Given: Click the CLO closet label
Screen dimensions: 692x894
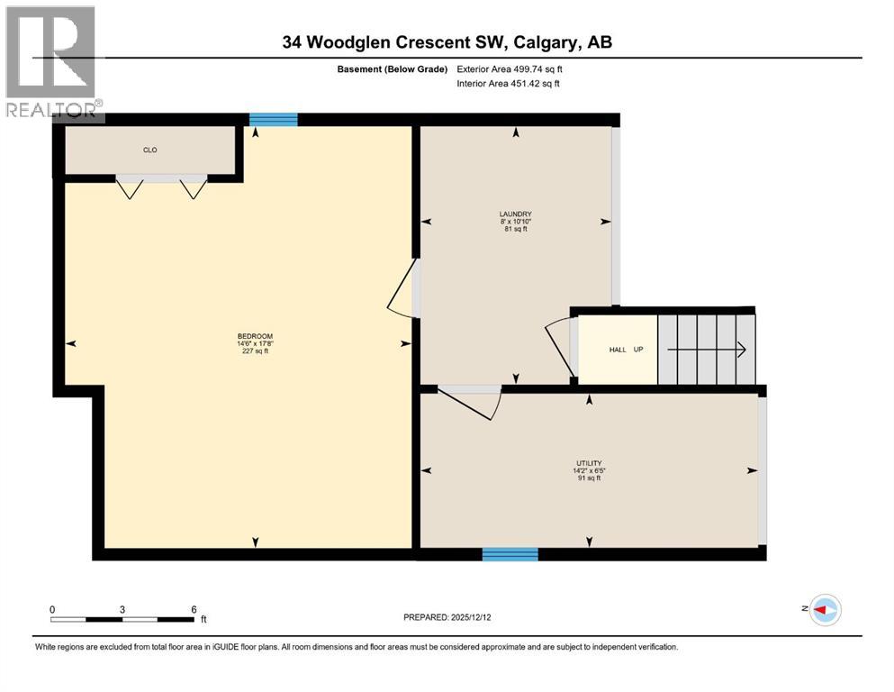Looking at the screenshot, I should pyautogui.click(x=150, y=150).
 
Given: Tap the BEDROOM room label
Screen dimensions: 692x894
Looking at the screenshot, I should pyautogui.click(x=254, y=336).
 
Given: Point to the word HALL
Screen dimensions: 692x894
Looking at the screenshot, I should pyautogui.click(x=618, y=350).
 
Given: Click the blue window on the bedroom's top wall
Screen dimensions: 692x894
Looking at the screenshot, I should pyautogui.click(x=273, y=119).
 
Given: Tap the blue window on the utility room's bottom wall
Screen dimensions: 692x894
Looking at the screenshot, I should pyautogui.click(x=510, y=554).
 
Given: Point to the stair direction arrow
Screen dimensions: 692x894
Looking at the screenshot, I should pyautogui.click(x=707, y=350).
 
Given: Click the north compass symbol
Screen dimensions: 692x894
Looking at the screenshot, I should pyautogui.click(x=824, y=610).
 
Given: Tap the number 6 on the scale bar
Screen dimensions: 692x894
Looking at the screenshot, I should pyautogui.click(x=194, y=608).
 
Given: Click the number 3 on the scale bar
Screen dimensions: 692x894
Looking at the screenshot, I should pyautogui.click(x=122, y=608).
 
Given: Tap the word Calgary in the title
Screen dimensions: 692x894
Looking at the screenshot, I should pyautogui.click(x=544, y=42).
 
